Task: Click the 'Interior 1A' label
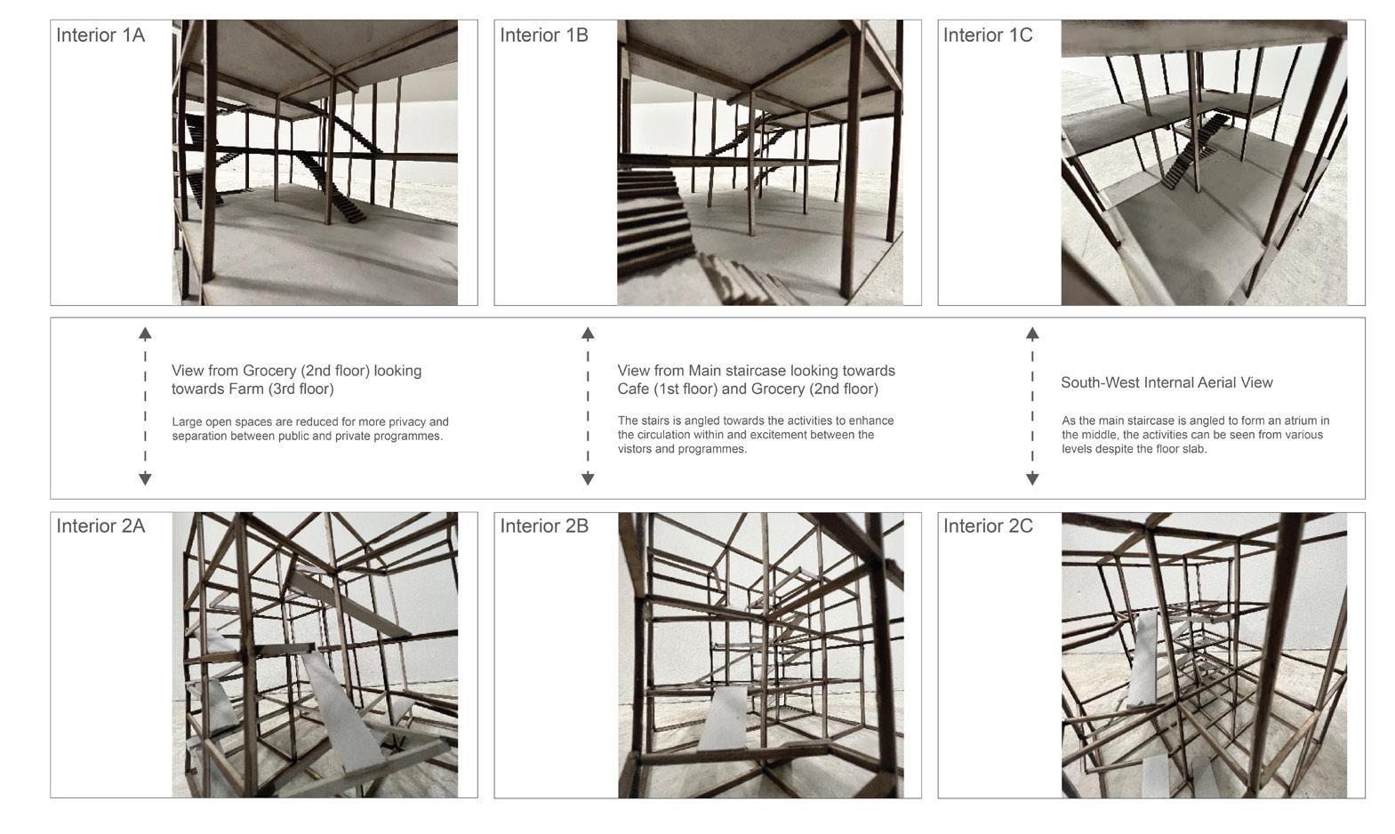coord(100,35)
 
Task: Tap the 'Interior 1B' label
coord(543,35)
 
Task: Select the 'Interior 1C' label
coord(988,35)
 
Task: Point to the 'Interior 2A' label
coord(100,525)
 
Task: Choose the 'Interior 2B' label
coord(543,525)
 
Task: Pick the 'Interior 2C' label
coord(988,525)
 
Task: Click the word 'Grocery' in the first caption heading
coord(269,372)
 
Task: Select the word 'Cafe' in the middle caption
coord(633,389)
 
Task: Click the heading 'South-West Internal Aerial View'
coord(1167,382)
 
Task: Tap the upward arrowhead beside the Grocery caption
coord(145,333)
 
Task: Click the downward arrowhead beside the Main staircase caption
coord(588,478)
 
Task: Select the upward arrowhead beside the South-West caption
coord(1032,333)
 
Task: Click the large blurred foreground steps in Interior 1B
coord(653,218)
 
